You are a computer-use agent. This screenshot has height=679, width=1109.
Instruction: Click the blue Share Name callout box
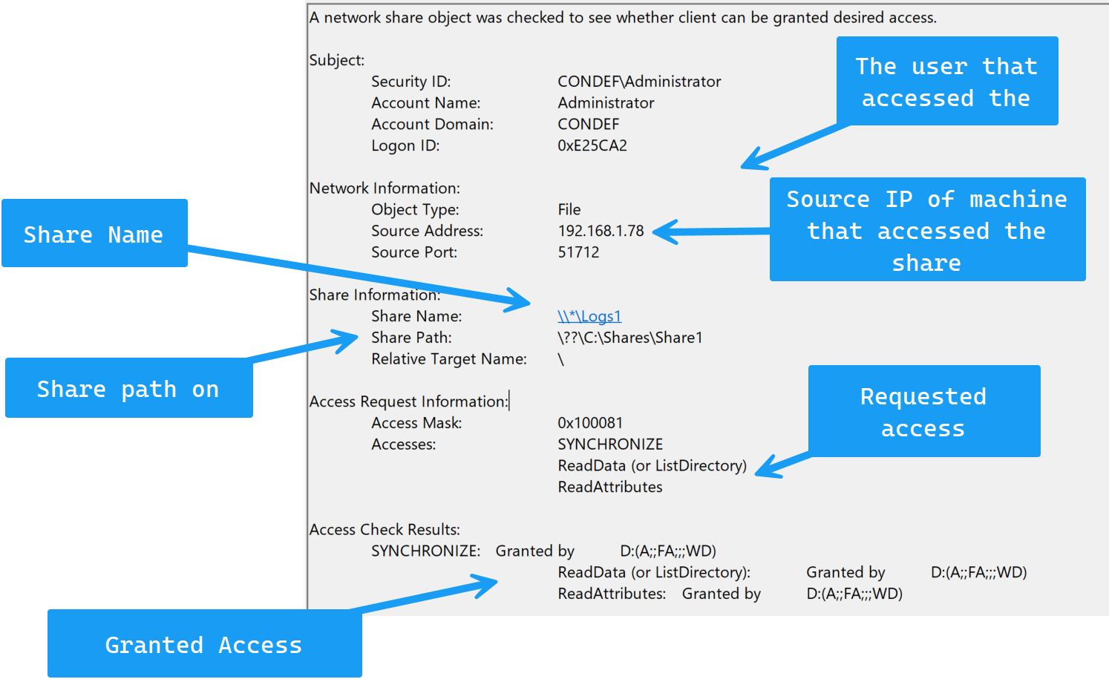point(94,234)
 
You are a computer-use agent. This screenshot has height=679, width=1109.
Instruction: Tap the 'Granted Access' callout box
point(204,644)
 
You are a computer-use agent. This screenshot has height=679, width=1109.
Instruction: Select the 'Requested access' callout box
point(923,411)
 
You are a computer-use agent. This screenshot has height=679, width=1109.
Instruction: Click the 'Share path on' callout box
point(128,388)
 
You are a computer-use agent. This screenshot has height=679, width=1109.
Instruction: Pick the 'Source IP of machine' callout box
point(927,229)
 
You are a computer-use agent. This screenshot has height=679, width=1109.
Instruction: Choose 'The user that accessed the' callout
point(946,81)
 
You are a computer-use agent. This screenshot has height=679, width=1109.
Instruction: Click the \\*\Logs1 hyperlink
point(589,316)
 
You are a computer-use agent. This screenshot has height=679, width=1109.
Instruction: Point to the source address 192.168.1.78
point(601,231)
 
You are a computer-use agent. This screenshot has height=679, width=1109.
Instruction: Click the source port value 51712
point(578,252)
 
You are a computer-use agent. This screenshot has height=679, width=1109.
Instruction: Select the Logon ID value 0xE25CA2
point(592,145)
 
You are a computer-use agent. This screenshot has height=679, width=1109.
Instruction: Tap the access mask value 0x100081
point(590,423)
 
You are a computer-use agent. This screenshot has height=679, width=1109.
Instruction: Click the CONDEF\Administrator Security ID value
point(639,82)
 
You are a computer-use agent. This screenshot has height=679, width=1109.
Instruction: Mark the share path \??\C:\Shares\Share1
point(629,338)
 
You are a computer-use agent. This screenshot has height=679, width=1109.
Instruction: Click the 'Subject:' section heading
point(337,60)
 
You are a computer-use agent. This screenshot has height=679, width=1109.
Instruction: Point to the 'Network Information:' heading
point(385,188)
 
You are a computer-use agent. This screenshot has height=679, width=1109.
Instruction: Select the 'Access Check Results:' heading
point(385,530)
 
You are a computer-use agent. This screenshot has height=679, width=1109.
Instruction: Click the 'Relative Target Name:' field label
point(449,359)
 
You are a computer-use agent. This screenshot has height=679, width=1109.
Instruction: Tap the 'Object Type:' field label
point(415,210)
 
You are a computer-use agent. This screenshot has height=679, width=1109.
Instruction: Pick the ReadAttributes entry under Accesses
point(610,488)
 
